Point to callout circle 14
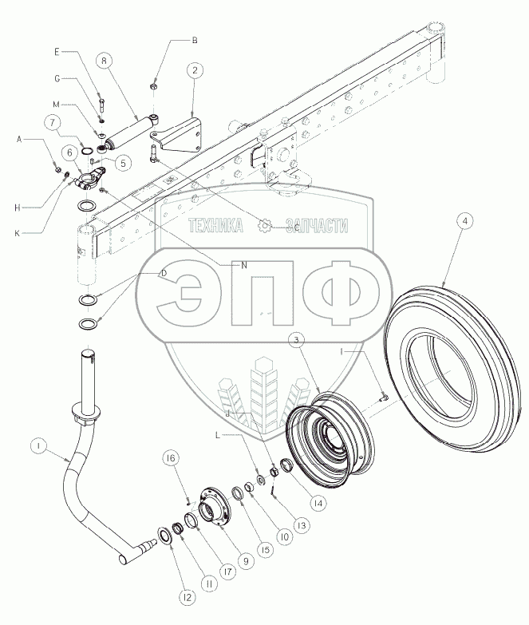click(318, 503)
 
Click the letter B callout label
click(194, 39)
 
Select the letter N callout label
click(244, 263)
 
